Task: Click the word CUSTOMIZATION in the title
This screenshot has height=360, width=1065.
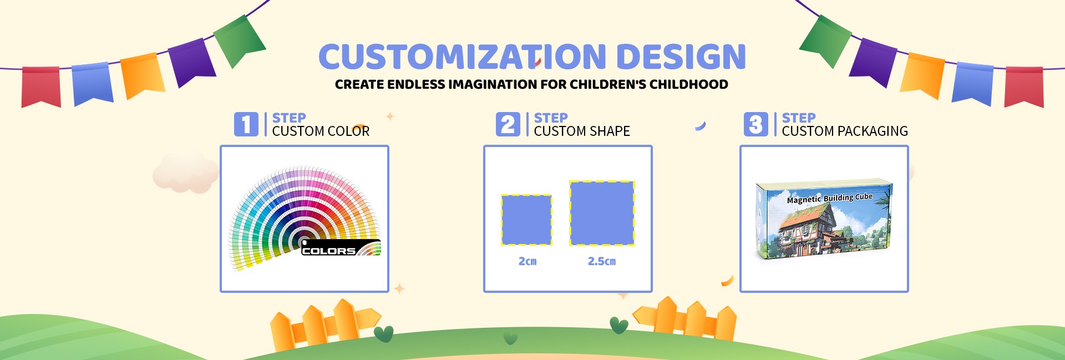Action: [x=463, y=57]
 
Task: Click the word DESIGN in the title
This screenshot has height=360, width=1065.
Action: [x=681, y=57]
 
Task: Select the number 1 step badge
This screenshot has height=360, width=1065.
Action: [x=246, y=124]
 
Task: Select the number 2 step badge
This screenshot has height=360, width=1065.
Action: [x=508, y=124]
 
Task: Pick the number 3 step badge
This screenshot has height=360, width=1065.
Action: [x=756, y=124]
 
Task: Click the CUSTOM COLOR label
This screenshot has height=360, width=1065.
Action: [x=321, y=131]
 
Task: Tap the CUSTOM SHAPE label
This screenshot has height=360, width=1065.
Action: [x=582, y=131]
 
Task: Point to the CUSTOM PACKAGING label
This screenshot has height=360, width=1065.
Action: [x=845, y=131]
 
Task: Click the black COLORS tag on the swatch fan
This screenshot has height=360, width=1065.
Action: [x=340, y=248]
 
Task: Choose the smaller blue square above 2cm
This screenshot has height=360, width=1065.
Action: [x=526, y=220]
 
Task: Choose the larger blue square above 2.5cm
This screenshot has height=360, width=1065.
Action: [x=602, y=213]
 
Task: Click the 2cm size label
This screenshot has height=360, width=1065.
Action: [x=528, y=261]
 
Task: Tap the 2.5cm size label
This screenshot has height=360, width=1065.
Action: [x=602, y=261]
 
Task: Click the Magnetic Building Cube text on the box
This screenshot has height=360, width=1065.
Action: [x=830, y=198]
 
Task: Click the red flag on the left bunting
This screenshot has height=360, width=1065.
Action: [x=41, y=87]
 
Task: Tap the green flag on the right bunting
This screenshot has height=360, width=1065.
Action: [x=825, y=40]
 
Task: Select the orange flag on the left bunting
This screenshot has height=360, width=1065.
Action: [x=143, y=75]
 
